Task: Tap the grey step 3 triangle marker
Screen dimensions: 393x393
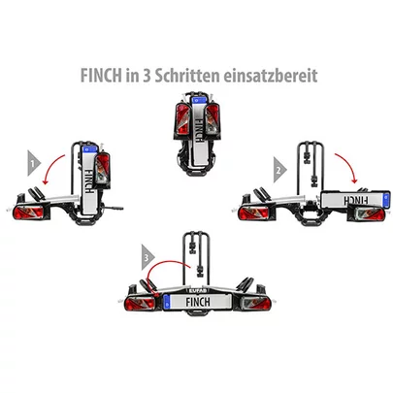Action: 146,258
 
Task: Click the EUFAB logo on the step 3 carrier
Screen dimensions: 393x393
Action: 197,288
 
